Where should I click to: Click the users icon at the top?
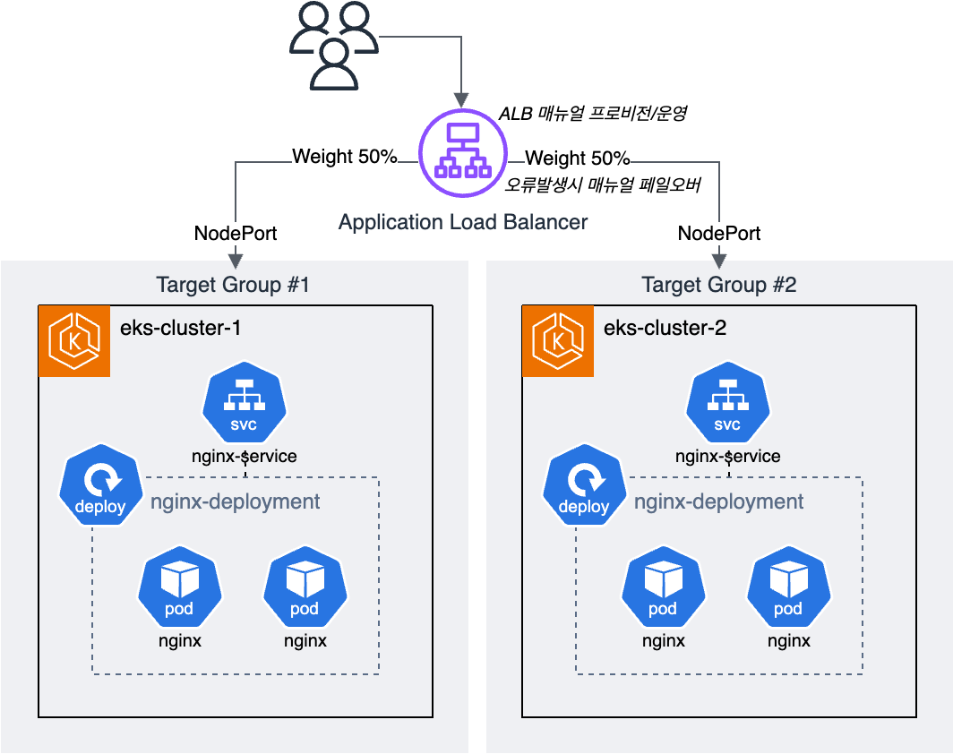click(334, 46)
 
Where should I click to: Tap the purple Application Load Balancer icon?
click(463, 152)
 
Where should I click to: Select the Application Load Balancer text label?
click(463, 222)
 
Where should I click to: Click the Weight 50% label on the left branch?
click(345, 156)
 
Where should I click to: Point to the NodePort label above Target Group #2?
click(719, 234)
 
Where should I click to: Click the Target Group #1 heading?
click(233, 285)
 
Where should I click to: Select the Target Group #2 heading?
click(719, 285)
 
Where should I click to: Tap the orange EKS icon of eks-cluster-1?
click(74, 341)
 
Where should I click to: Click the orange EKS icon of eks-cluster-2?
click(558, 341)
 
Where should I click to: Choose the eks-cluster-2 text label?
click(665, 328)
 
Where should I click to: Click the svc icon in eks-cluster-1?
click(245, 401)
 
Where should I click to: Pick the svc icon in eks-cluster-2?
click(728, 401)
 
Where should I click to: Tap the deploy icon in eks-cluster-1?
click(101, 484)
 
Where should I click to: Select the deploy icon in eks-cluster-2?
click(585, 484)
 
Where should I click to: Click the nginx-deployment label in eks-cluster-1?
click(236, 501)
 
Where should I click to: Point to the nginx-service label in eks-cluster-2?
click(728, 457)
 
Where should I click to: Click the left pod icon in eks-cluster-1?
click(180, 587)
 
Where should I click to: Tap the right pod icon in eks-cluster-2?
click(789, 587)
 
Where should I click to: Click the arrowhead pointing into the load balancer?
click(462, 100)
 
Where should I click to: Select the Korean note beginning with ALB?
click(593, 113)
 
